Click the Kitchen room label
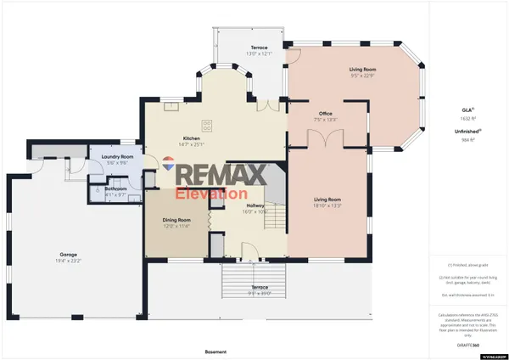click(x=191, y=138)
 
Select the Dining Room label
click(x=176, y=220)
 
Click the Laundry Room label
click(x=113, y=156)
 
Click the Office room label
click(x=325, y=113)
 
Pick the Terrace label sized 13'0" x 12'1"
click(x=259, y=48)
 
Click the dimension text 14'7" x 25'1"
click(x=191, y=144)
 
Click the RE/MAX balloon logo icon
click(x=170, y=168)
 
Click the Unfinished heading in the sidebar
click(x=463, y=132)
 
